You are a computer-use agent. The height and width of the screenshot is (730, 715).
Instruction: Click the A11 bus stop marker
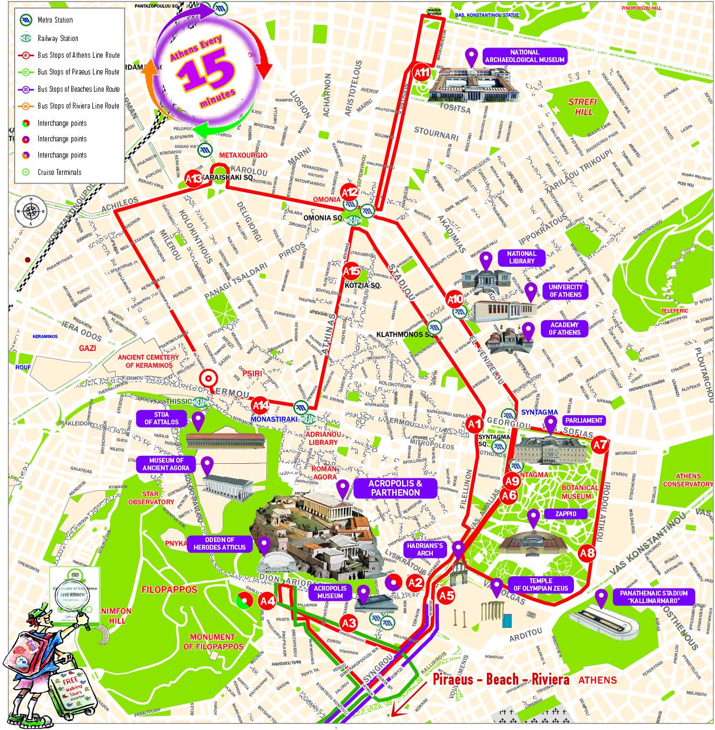tap(422, 72)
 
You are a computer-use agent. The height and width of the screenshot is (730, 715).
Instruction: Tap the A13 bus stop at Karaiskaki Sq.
tap(193, 178)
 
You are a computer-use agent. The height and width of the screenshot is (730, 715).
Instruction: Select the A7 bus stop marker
tap(600, 445)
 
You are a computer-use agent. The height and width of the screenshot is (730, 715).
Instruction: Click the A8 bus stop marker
tap(587, 553)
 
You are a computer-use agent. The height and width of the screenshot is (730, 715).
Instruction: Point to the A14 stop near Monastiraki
tap(260, 405)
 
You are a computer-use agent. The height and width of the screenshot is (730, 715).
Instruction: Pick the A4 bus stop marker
tap(268, 600)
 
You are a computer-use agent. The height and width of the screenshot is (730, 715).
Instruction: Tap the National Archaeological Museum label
tap(524, 56)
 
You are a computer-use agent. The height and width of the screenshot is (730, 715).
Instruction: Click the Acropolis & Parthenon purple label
tap(395, 488)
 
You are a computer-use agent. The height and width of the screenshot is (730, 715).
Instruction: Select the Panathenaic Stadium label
tap(653, 597)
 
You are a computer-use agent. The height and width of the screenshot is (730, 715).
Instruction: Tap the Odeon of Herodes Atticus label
tap(219, 544)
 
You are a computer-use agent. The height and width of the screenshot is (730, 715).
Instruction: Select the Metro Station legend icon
tap(26, 20)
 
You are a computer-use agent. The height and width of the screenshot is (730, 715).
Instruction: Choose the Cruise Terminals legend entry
tap(59, 172)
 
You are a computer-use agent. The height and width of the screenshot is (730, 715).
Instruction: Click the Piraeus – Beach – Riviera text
tap(500, 679)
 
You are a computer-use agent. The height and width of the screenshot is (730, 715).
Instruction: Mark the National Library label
tap(521, 257)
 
